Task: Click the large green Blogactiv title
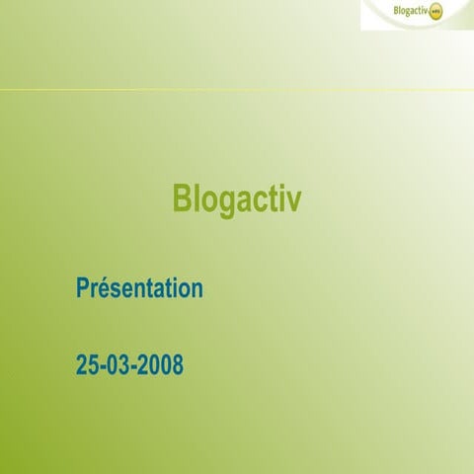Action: click(237, 198)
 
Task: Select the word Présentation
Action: click(139, 289)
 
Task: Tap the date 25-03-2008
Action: click(129, 365)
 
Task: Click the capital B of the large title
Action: click(183, 198)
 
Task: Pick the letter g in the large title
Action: click(223, 202)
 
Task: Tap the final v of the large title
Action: click(293, 200)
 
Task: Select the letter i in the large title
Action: click(279, 198)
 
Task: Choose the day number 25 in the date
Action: click(87, 365)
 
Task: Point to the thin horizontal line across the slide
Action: click(237, 91)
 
